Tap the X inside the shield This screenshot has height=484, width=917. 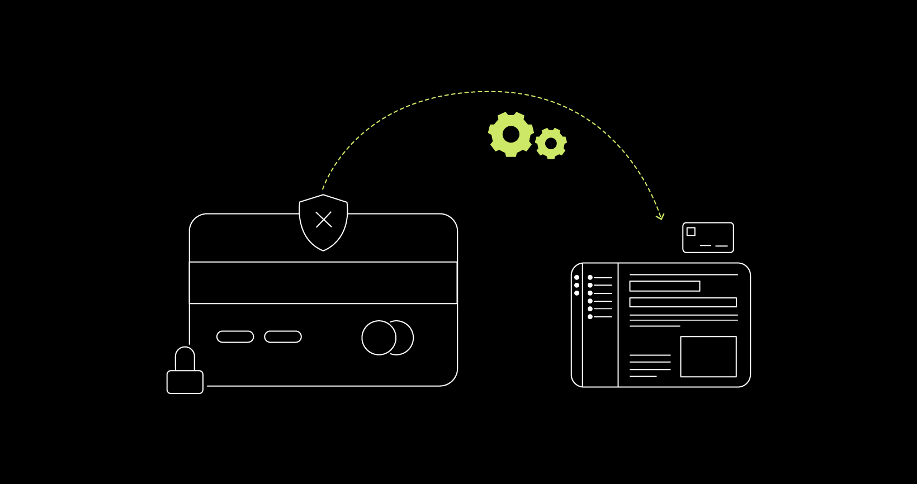[324, 220]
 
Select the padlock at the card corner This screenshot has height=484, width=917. [185, 381]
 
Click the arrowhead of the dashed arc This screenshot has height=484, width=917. [661, 217]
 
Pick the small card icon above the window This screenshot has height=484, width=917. [708, 238]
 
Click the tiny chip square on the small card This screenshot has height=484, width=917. [691, 231]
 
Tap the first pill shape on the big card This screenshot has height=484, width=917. [235, 336]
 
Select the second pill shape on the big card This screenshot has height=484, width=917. [283, 336]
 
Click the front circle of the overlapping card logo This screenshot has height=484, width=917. [379, 338]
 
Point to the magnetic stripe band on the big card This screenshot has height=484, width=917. [323, 283]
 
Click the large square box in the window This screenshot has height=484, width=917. [708, 357]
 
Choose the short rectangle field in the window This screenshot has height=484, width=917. [664, 286]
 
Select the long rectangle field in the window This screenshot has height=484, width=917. [683, 302]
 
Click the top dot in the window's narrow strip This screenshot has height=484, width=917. [576, 278]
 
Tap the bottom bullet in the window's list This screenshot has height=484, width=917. [590, 317]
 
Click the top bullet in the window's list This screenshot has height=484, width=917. [590, 278]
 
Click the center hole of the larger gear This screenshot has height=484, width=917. [511, 134]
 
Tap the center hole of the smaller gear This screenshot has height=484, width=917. [551, 144]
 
